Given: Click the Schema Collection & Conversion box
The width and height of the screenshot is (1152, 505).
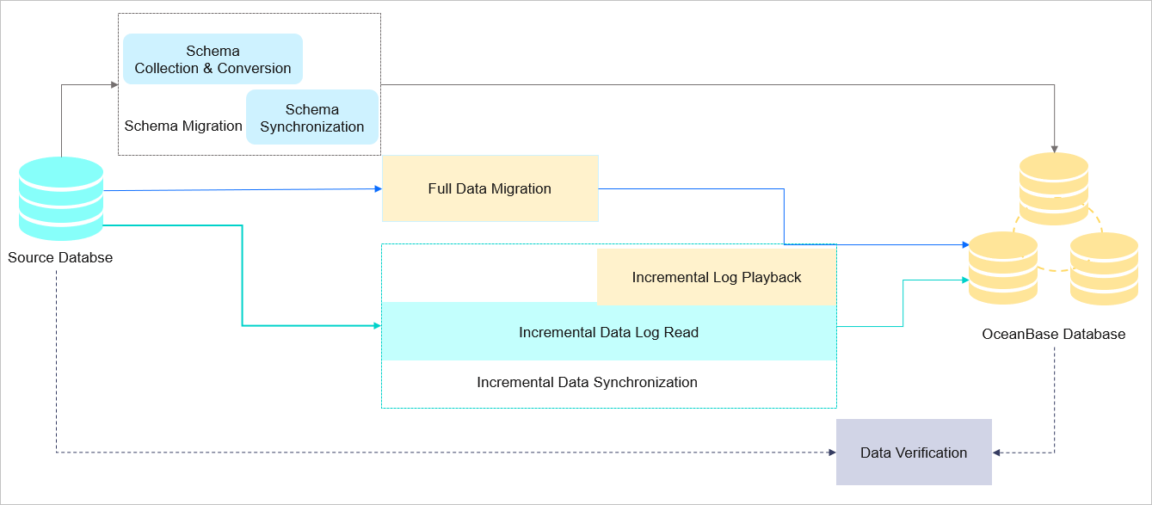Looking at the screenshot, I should click(x=213, y=59).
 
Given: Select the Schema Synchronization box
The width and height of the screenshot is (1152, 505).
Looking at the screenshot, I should click(x=311, y=118).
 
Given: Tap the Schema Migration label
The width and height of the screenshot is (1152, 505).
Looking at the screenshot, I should click(x=183, y=126).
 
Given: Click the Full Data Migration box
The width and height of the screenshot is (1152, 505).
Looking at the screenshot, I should click(x=490, y=188).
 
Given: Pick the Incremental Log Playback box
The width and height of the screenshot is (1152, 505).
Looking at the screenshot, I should click(x=716, y=277).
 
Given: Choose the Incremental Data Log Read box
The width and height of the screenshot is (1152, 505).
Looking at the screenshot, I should click(x=608, y=332).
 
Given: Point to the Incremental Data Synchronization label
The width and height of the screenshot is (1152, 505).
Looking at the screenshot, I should click(x=587, y=382).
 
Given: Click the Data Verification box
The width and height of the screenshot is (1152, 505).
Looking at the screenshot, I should click(x=914, y=453).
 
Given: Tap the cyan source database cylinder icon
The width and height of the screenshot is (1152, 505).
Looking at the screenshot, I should click(x=61, y=199).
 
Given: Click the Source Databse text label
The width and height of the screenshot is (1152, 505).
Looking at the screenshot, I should click(x=60, y=257).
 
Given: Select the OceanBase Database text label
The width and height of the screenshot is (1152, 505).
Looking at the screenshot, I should click(x=1053, y=334).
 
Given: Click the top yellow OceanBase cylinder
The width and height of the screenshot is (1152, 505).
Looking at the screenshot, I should click(x=1053, y=188).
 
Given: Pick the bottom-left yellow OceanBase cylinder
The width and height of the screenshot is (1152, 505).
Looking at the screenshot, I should click(x=1002, y=268).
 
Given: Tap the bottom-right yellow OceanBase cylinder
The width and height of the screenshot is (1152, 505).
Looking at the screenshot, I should click(x=1104, y=268).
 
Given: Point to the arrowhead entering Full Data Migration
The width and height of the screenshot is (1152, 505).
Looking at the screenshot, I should click(x=377, y=189).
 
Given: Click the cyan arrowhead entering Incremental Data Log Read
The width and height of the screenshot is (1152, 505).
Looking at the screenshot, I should click(x=376, y=326).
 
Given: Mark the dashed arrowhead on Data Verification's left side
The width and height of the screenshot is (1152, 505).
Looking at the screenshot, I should click(x=831, y=453).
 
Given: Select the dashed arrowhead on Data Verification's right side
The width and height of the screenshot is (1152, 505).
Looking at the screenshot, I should click(x=997, y=453).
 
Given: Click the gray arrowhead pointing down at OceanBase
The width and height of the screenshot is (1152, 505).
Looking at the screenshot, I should click(x=1054, y=148).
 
